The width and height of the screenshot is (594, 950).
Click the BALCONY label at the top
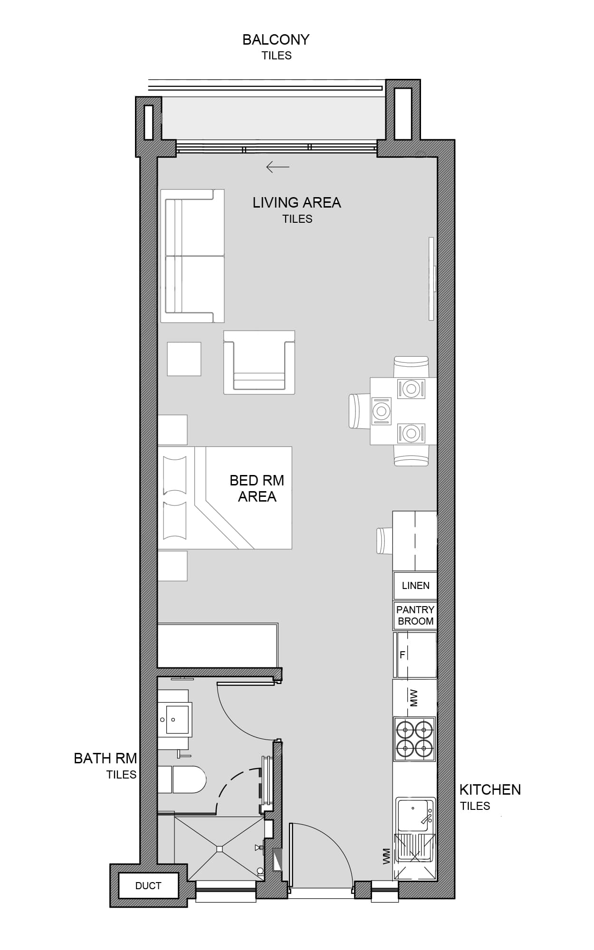[276, 39]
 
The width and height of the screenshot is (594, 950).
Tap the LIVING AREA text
[297, 203]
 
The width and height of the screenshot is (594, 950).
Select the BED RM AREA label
[257, 488]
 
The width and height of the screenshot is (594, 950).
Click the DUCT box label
[148, 885]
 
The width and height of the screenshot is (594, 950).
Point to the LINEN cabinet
[415, 586]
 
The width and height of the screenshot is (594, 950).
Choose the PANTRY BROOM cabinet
[415, 616]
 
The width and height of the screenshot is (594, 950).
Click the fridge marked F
[415, 655]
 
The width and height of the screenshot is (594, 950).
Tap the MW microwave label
[414, 698]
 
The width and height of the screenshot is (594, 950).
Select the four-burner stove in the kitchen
[415, 739]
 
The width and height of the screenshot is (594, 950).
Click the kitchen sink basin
[413, 815]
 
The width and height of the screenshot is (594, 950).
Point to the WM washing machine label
[386, 856]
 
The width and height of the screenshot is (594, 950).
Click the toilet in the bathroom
[182, 779]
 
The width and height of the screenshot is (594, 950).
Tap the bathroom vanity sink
[175, 720]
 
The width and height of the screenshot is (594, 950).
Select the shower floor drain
[219, 848]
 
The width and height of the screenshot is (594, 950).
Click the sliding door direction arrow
[278, 167]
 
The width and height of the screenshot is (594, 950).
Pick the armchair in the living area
[259, 362]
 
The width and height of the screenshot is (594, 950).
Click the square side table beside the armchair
[184, 359]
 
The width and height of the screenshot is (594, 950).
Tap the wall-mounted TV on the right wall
[432, 279]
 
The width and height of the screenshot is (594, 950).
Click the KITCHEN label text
[490, 789]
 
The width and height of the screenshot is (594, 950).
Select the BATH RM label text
[105, 758]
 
